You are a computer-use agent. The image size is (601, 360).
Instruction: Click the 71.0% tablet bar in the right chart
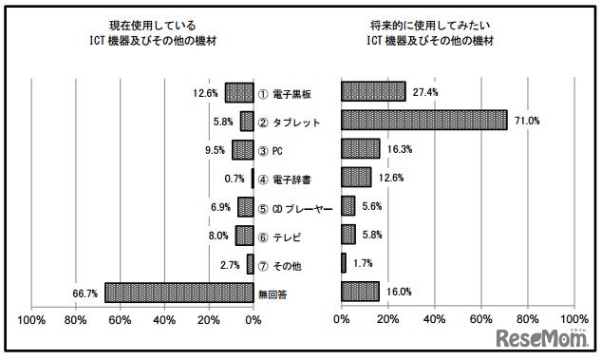[x=423, y=121]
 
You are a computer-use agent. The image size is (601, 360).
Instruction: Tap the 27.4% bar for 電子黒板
[x=372, y=92]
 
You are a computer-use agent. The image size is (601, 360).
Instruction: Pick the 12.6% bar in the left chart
[x=238, y=93]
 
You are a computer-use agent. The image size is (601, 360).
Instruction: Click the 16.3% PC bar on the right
[x=360, y=149]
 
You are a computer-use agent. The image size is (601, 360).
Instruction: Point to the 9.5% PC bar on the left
[x=242, y=149]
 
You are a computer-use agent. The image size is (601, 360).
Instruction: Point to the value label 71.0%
[x=528, y=121]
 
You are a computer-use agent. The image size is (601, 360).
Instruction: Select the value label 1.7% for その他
[x=363, y=262]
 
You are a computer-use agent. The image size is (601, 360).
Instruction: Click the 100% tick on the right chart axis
[x=573, y=320]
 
